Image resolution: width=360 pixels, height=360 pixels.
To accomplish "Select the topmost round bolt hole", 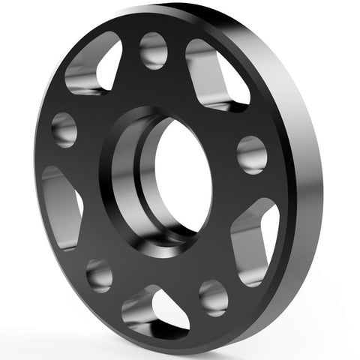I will [153, 50].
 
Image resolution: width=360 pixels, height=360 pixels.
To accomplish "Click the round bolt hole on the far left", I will [64, 129].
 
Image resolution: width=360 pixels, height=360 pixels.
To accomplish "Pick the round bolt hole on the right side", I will [251, 154].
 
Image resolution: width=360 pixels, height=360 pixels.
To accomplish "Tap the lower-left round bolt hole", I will [99, 274].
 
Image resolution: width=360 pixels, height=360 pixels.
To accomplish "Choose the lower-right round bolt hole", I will [213, 298].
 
